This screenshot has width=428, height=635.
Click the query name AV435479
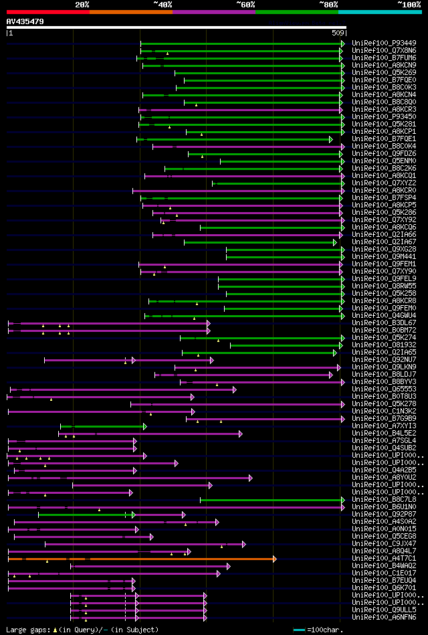point(25,21)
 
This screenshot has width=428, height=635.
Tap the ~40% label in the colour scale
point(163,4)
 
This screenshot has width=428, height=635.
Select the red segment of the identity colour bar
point(47,11)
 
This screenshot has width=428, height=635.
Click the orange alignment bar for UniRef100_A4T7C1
point(140,559)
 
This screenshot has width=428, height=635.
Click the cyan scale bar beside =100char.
point(299,630)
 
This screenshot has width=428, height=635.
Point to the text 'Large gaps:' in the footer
point(27,630)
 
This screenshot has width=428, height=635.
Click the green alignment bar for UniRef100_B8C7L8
point(271,500)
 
